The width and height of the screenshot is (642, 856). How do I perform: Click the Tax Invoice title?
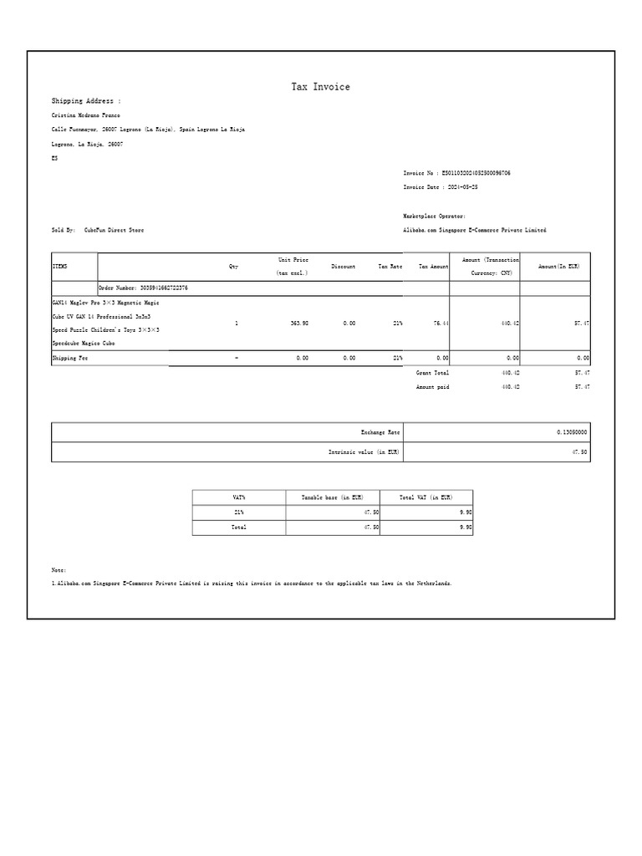pyautogui.click(x=320, y=87)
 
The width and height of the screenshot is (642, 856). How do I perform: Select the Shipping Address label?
pyautogui.click(x=85, y=101)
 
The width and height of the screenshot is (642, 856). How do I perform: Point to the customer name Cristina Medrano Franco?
pyautogui.click(x=86, y=115)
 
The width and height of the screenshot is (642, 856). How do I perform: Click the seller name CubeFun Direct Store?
pyautogui.click(x=114, y=230)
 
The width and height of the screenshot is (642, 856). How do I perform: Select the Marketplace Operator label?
pyautogui.click(x=434, y=216)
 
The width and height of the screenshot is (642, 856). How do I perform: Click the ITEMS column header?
pyautogui.click(x=59, y=267)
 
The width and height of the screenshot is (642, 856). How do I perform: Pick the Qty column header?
pyautogui.click(x=233, y=267)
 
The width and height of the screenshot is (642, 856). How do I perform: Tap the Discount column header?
pyautogui.click(x=343, y=267)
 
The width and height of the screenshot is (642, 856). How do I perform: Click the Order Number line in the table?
pyautogui.click(x=143, y=288)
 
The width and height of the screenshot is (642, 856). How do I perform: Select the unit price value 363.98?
pyautogui.click(x=299, y=323)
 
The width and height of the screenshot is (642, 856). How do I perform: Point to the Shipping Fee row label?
pyautogui.click(x=70, y=358)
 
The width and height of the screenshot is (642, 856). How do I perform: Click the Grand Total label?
pyautogui.click(x=432, y=373)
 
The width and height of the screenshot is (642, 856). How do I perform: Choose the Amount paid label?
pyautogui.click(x=432, y=387)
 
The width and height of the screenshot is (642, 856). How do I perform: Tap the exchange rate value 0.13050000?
pyautogui.click(x=572, y=432)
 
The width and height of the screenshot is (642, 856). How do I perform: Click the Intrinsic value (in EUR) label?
pyautogui.click(x=364, y=452)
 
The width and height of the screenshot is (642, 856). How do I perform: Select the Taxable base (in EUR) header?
pyautogui.click(x=332, y=497)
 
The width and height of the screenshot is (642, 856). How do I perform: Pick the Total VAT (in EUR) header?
pyautogui.click(x=425, y=497)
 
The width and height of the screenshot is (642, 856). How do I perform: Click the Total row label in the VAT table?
pyautogui.click(x=239, y=527)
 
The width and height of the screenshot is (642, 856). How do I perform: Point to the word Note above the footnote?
pyautogui.click(x=59, y=569)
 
